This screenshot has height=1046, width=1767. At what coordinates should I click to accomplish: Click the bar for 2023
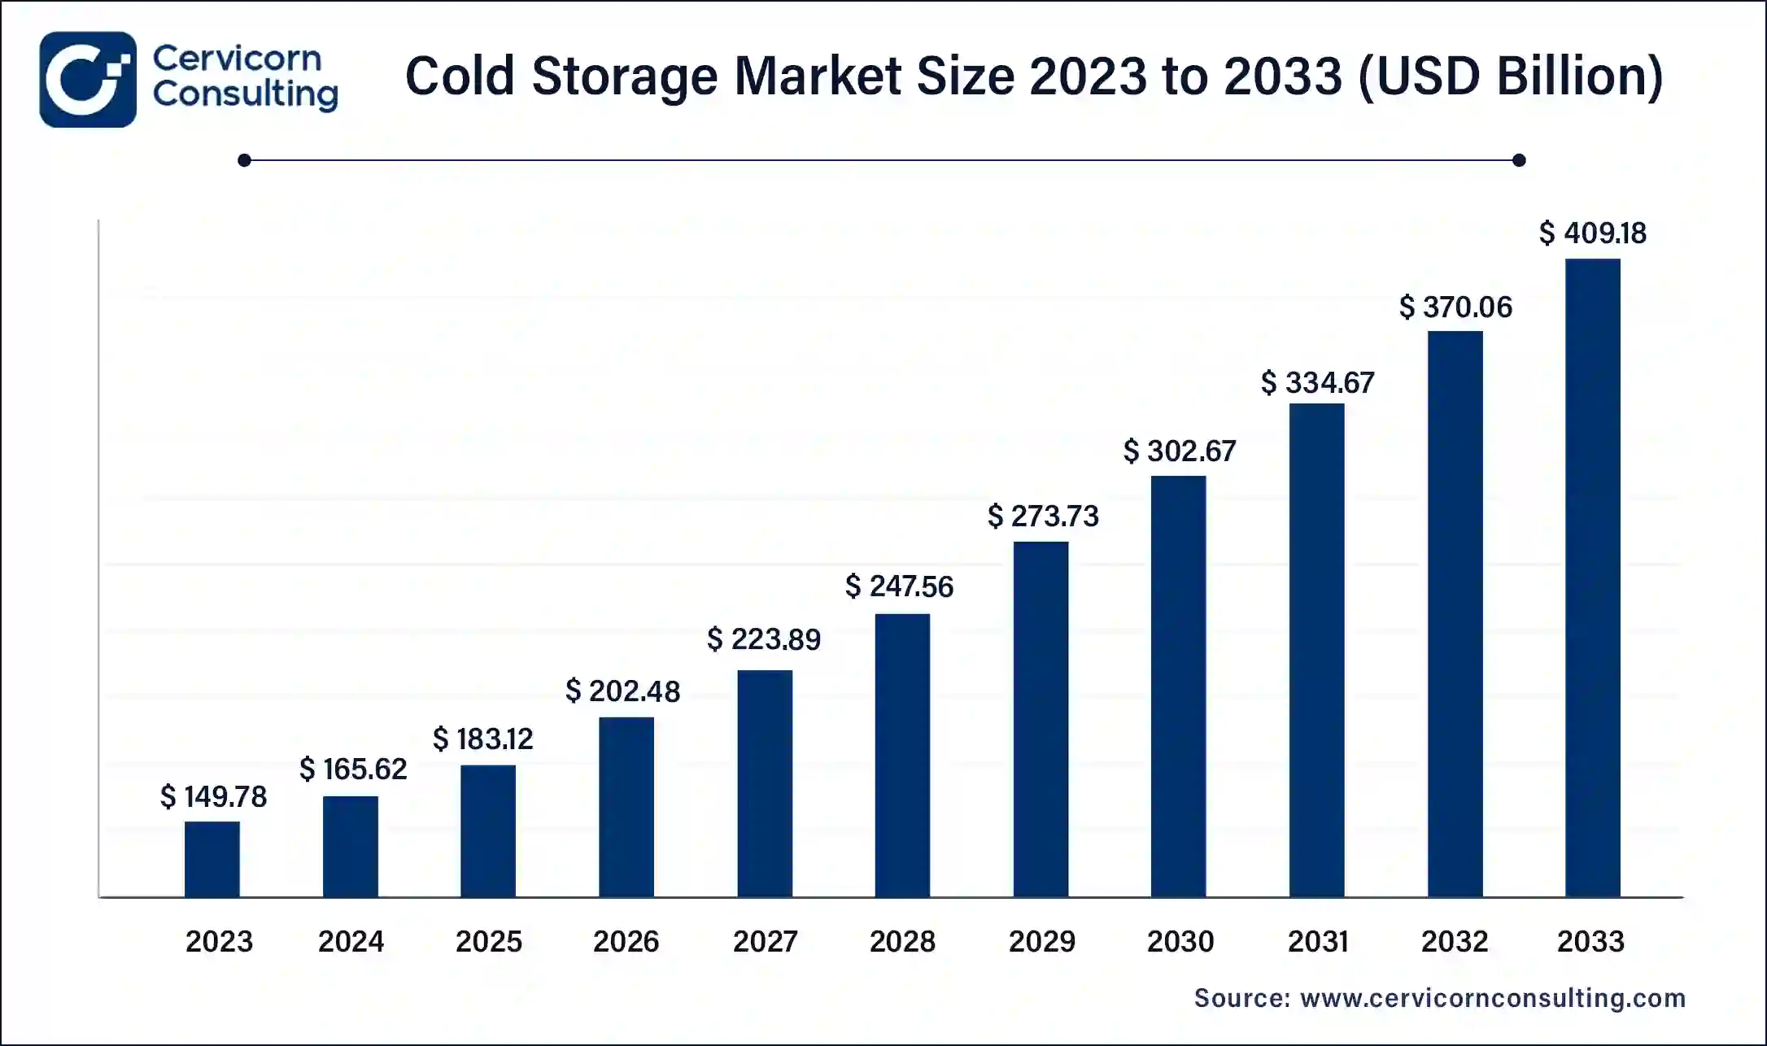point(212,859)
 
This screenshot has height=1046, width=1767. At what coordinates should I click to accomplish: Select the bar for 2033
point(1592,577)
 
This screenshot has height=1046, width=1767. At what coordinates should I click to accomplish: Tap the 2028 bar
point(902,755)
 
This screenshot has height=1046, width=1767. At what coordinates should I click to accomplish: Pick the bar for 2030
point(1178,686)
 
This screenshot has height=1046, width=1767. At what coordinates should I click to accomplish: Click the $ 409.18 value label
point(1592,233)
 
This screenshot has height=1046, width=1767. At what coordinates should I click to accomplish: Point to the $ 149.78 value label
point(213,796)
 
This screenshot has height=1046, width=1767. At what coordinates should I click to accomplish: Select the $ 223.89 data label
point(763,639)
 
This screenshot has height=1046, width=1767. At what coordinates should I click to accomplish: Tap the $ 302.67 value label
point(1179,451)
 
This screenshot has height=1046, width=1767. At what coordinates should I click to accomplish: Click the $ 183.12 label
point(482,739)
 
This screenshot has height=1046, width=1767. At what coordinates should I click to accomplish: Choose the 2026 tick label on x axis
point(626,941)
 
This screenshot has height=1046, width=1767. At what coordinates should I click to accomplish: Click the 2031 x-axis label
point(1317,941)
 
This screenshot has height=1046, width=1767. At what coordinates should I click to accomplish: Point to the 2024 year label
point(351,941)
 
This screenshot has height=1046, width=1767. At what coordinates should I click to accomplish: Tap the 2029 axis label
point(1041,941)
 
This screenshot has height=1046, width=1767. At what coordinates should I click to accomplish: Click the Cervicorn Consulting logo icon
point(88,80)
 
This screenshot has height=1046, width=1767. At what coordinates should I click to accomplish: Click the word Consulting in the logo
point(245,94)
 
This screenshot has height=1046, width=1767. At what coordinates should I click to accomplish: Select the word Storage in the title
point(625,76)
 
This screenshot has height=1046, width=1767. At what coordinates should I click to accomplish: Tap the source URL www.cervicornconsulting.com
point(1492,998)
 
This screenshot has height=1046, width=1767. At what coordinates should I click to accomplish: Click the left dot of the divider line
point(244,160)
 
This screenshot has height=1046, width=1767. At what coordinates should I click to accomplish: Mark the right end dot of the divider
point(1518,160)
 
